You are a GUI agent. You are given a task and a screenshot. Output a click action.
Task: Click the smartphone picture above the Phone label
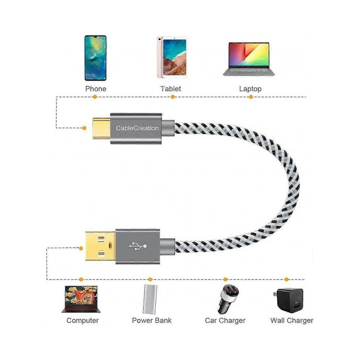95,58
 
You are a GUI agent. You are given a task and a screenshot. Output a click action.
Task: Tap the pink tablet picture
172,57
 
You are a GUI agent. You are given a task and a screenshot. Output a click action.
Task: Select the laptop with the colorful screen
249,59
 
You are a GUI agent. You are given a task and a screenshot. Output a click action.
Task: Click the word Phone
96,89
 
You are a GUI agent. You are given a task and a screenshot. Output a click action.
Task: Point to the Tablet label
171,89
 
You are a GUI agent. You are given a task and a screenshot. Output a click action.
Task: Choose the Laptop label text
250,89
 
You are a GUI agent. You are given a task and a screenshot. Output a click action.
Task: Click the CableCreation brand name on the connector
137,128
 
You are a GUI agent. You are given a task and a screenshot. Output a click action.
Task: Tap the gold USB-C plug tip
101,128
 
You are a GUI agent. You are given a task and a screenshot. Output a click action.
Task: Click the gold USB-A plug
101,246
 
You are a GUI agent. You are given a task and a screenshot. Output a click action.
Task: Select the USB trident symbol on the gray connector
138,246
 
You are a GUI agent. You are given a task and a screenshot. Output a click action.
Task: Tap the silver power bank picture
150,299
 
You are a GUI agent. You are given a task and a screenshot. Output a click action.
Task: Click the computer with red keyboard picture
81,299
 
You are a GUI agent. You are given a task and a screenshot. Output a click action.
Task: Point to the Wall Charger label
292,320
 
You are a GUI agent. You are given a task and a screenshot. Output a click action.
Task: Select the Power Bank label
152,320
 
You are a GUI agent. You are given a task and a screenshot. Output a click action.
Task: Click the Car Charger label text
225,320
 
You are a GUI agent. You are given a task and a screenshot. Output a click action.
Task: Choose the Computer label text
83,320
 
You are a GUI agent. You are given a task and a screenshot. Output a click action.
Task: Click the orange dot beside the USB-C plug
84,128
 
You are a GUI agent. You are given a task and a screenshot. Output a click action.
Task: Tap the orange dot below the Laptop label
251,97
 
